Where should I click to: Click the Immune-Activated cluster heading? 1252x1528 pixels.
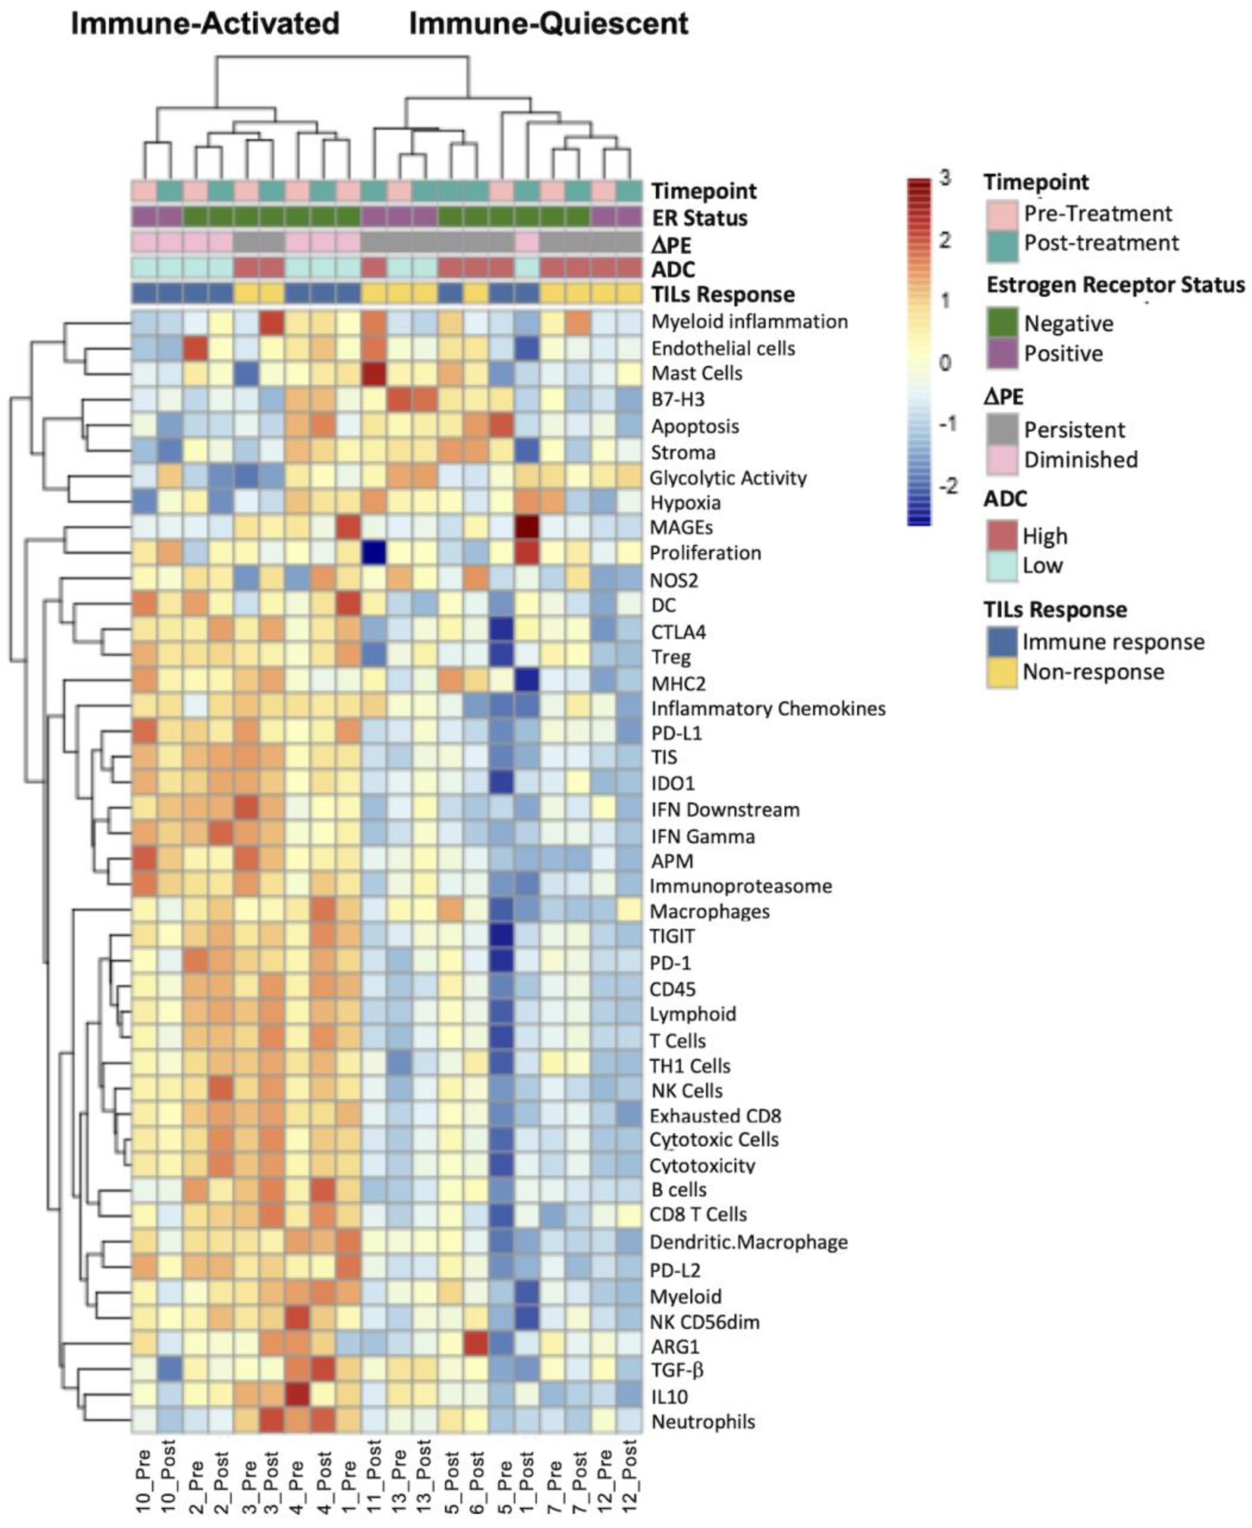tap(205, 24)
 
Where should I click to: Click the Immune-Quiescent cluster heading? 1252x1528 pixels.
tap(549, 24)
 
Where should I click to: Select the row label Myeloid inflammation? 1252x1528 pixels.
tap(749, 322)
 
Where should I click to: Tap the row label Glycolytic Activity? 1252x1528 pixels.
tap(728, 478)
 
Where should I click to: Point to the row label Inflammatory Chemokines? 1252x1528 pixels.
tap(768, 709)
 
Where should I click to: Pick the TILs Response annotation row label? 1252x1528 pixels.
tap(723, 294)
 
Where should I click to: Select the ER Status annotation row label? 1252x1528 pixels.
tap(699, 218)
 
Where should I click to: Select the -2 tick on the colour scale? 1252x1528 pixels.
tap(948, 486)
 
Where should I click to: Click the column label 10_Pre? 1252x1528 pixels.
tap(143, 1479)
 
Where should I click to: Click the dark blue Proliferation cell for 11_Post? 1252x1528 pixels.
tap(374, 553)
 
